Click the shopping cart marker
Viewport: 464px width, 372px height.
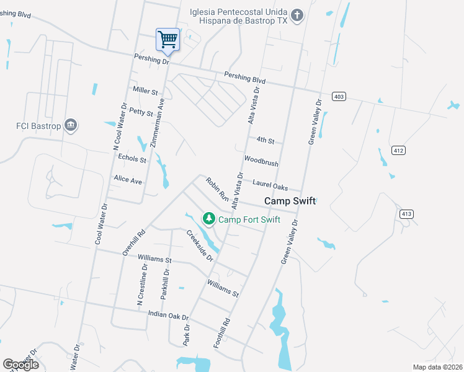click(167, 40)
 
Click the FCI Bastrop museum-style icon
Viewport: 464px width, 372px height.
click(71, 126)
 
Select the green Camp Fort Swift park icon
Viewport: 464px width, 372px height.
click(210, 219)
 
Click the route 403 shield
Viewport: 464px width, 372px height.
click(338, 97)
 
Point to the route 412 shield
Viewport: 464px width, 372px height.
click(398, 150)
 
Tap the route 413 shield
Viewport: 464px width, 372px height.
click(406, 215)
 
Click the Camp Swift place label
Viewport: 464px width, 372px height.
click(290, 201)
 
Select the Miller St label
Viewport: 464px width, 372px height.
click(145, 91)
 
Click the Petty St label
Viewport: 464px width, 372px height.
click(141, 112)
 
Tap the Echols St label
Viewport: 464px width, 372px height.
click(132, 159)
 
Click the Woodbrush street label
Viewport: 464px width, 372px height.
click(261, 161)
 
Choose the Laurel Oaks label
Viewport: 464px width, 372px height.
click(270, 184)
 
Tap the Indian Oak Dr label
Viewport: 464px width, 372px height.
click(168, 316)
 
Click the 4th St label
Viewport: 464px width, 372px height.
click(265, 141)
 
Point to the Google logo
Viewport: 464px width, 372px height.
click(20, 364)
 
